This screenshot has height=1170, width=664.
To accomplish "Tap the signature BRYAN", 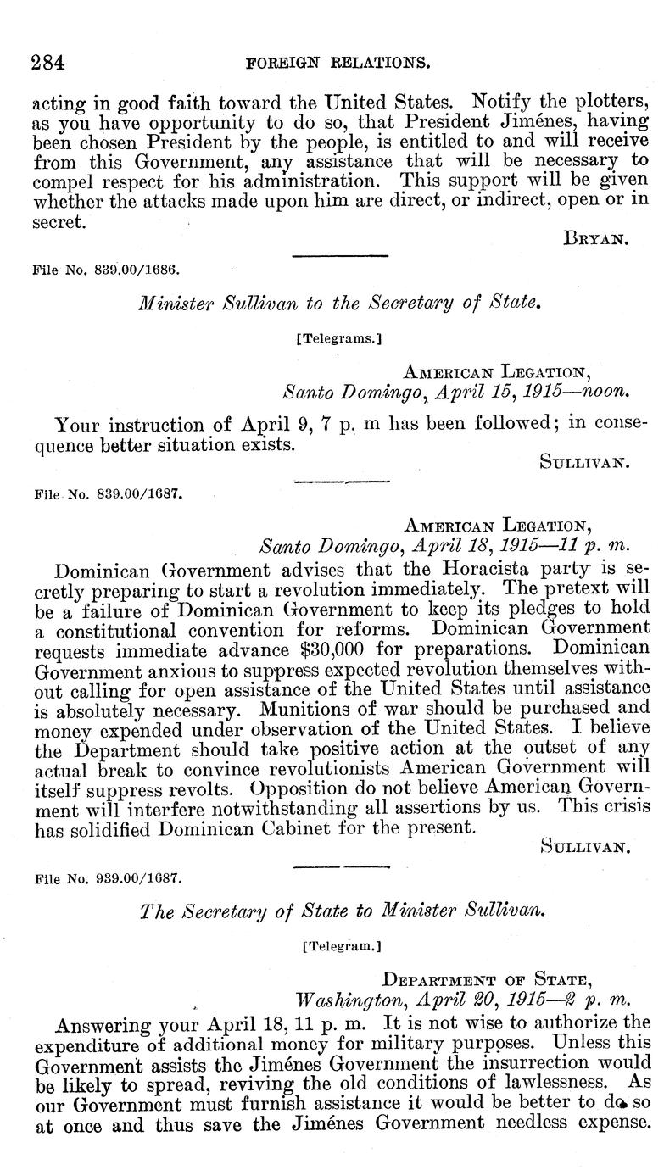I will click(x=595, y=240).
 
